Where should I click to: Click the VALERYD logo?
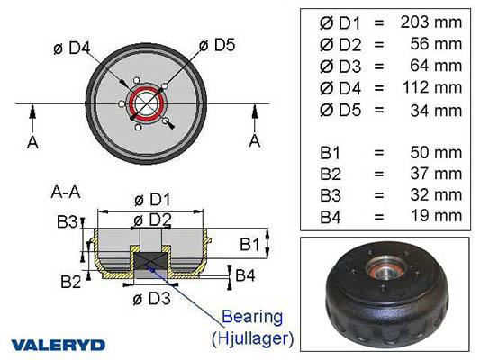coord(59,345)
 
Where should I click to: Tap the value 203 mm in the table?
coord(431,22)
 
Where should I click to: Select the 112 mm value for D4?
coord(432,87)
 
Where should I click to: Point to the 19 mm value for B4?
coord(436,216)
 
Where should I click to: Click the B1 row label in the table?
coord(330,153)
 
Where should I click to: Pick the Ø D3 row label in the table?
coord(340,67)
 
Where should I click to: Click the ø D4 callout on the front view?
coord(72,49)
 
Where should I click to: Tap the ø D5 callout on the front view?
coord(217,45)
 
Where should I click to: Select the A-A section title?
coord(66,193)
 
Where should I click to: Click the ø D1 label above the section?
coord(152,200)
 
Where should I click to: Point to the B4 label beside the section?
coord(245,275)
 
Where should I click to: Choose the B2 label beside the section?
coord(71,282)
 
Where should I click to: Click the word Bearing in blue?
coord(252,317)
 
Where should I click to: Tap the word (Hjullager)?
coord(252,338)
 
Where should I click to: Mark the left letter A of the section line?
coord(32,142)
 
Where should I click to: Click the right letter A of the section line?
coord(255,141)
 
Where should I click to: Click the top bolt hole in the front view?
coord(137,81)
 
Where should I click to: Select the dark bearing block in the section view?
coord(151,261)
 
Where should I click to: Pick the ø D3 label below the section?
coord(151,299)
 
